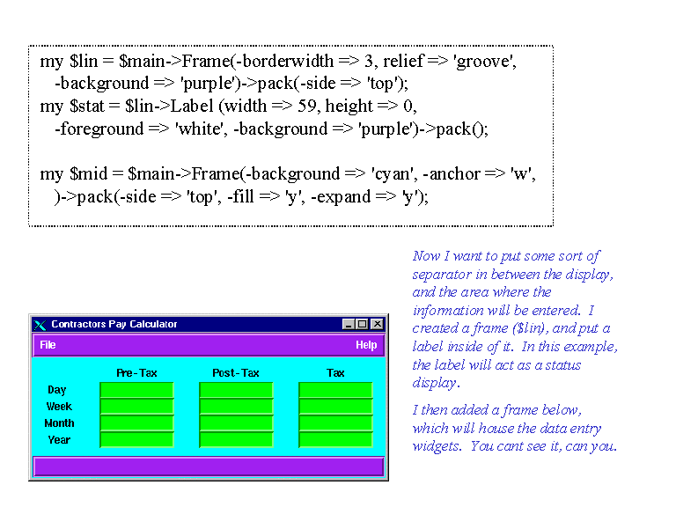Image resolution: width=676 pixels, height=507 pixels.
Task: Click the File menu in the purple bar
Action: coord(48,345)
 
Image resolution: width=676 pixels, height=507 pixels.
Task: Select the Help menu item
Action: coord(366,345)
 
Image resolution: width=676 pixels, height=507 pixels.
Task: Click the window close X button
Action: coord(378,324)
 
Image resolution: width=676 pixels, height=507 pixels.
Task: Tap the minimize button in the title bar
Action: coord(349,324)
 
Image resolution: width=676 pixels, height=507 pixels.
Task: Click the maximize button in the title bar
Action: coord(363,324)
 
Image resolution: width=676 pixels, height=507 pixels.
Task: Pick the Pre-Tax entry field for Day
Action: coord(136,390)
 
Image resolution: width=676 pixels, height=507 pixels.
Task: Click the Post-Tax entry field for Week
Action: coord(236,406)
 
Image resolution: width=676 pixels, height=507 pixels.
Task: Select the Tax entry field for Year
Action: coord(335,440)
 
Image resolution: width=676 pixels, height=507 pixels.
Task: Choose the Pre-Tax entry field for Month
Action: coord(136,422)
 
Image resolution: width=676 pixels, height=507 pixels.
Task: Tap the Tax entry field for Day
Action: coord(335,390)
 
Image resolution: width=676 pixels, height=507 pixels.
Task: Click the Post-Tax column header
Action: coord(236,373)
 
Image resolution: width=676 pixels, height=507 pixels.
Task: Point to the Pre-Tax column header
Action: coord(136,373)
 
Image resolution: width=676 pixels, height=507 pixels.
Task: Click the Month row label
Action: coord(60,423)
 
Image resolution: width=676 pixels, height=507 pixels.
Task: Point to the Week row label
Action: coord(59,407)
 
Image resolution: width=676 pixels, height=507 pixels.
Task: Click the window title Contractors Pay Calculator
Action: coord(114,324)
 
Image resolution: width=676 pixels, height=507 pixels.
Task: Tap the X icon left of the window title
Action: coord(40,325)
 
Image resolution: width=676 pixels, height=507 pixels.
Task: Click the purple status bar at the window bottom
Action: coord(209,467)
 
